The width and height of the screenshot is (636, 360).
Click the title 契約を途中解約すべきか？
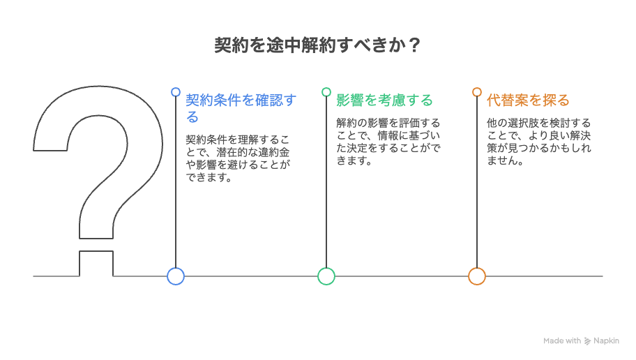(317, 45)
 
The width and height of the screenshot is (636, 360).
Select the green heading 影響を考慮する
(384, 100)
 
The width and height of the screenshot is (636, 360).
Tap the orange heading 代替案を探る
(528, 100)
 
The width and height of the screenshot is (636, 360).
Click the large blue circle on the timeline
(176, 276)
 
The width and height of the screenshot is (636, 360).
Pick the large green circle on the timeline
(326, 276)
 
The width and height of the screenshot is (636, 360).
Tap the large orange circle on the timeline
(477, 276)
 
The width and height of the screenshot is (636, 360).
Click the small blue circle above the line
(176, 91)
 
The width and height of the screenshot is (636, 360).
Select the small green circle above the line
(326, 91)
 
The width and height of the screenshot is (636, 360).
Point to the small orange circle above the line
(477, 91)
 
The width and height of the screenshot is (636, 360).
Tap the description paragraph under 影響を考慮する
(388, 142)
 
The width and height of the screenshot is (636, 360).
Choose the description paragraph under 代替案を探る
(538, 142)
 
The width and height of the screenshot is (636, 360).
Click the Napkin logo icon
(587, 341)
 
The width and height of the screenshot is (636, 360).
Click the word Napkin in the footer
(606, 341)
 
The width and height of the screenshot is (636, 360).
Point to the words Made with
(562, 341)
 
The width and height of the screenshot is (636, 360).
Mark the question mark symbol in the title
(414, 45)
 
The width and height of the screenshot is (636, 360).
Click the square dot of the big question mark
(96, 264)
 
